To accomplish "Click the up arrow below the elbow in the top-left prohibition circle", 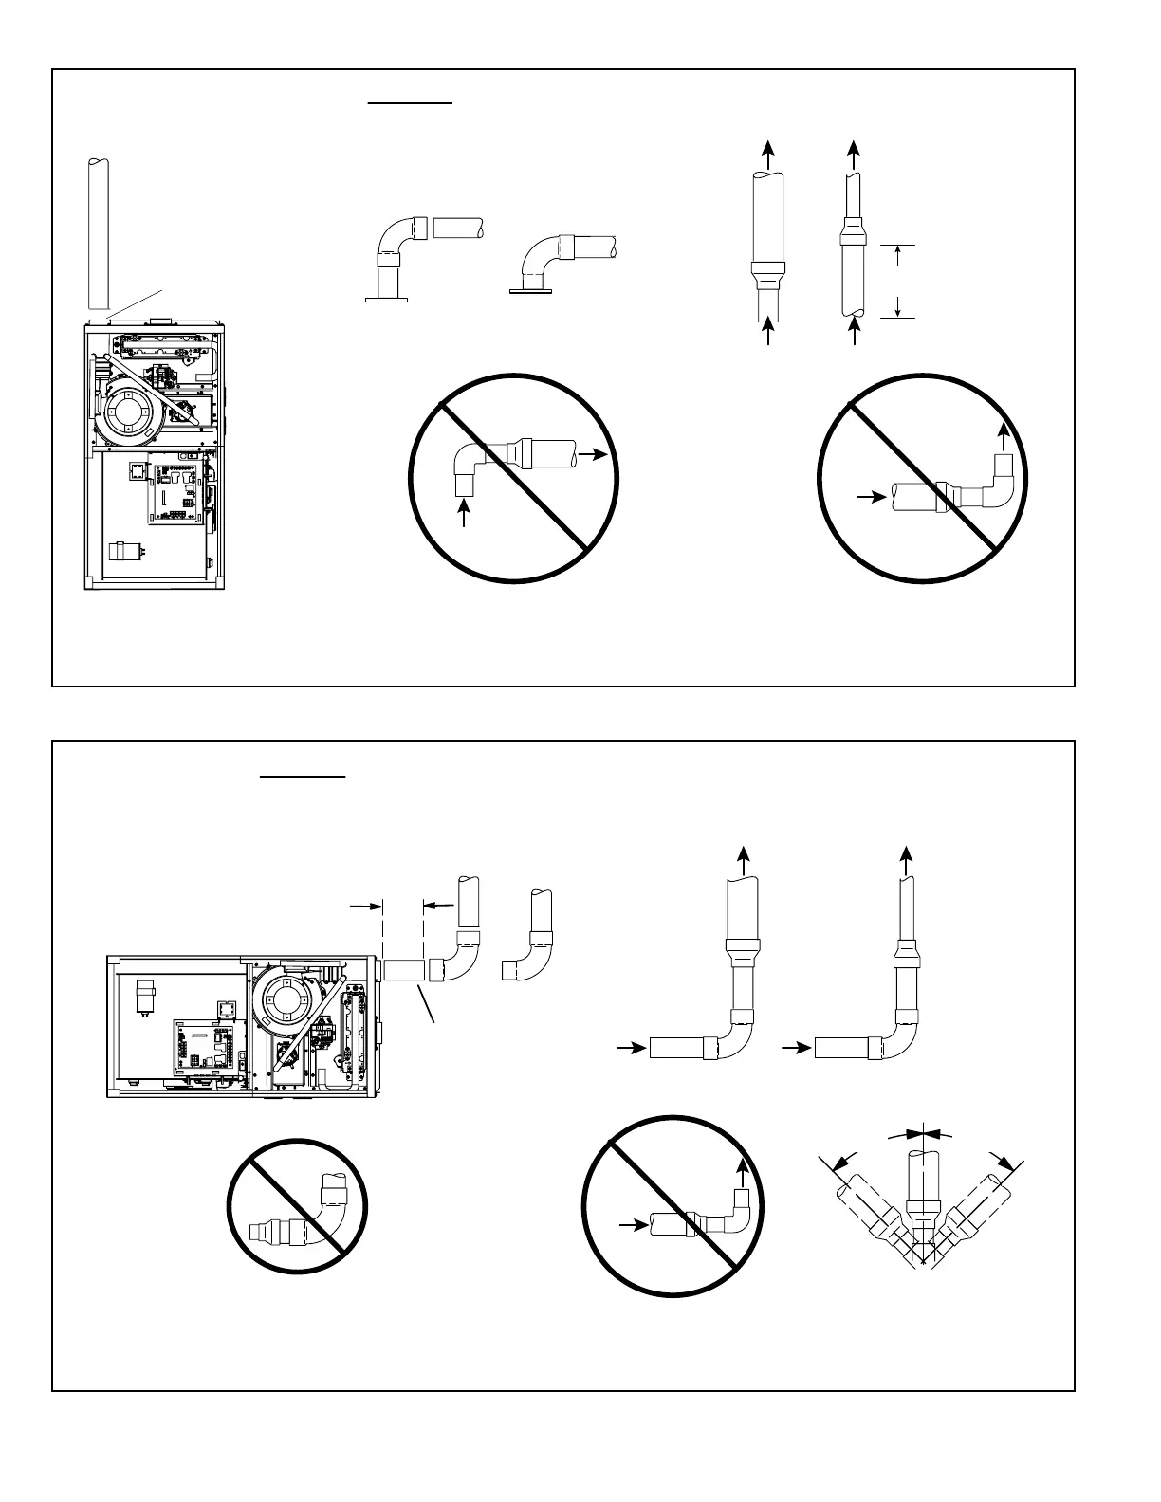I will click(x=464, y=513).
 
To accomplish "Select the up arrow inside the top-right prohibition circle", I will click(x=1004, y=437).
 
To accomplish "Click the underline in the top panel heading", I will click(x=411, y=99).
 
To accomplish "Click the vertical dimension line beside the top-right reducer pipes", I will click(x=897, y=281).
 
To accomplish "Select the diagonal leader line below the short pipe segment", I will click(x=426, y=1004).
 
